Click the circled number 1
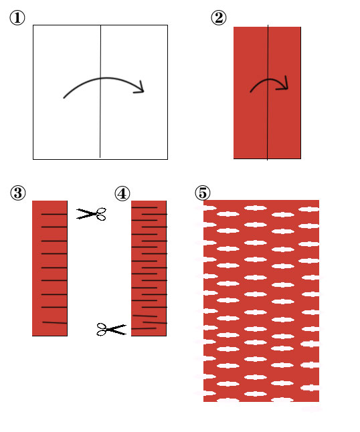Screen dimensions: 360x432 click(17, 18)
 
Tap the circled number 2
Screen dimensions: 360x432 click(219, 18)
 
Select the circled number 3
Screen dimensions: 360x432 click(18, 193)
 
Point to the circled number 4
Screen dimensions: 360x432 click(122, 193)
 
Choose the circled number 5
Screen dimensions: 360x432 click(203, 193)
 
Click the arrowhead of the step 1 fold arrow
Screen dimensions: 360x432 click(141, 88)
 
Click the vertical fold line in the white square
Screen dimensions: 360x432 click(100, 92)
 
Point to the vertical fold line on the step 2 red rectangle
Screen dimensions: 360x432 click(268, 92)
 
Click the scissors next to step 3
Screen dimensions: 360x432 click(91, 214)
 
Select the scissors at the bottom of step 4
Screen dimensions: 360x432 click(111, 329)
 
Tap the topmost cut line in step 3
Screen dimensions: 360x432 click(54, 214)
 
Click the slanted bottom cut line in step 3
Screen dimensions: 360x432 click(55, 322)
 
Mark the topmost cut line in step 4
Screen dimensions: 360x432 click(145, 207)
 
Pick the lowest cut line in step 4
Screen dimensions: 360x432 click(144, 328)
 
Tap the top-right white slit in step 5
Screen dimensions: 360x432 click(308, 210)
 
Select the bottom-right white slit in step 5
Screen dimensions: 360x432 click(310, 388)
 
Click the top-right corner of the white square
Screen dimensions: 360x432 click(167, 25)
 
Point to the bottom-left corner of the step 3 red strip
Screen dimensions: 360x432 click(32, 336)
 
